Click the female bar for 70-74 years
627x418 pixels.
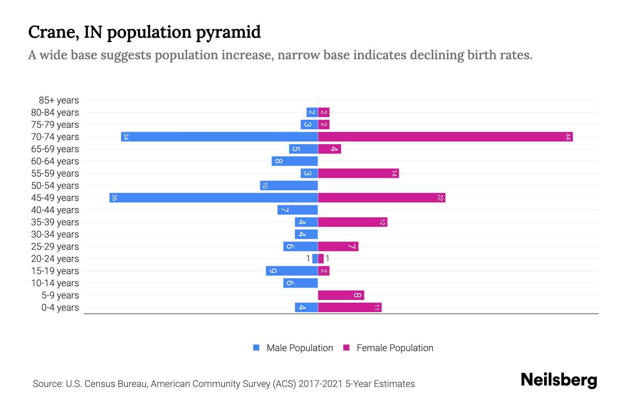(x=445, y=137)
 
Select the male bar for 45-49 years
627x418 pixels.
(x=214, y=198)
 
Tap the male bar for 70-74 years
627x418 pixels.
(x=219, y=137)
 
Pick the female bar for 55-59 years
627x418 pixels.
(x=358, y=173)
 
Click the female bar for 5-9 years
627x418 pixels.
(x=341, y=295)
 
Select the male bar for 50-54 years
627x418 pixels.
(x=289, y=185)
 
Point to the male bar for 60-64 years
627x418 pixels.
(x=295, y=161)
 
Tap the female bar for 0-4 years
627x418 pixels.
(x=350, y=307)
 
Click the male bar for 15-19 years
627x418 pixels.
(x=292, y=271)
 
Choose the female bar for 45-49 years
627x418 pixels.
(x=381, y=198)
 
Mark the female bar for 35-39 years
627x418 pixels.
(x=353, y=222)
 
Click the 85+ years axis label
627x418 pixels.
(x=59, y=100)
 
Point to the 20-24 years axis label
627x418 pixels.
(x=55, y=259)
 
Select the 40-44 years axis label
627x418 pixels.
(x=55, y=210)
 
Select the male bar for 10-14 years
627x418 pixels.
(x=300, y=283)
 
